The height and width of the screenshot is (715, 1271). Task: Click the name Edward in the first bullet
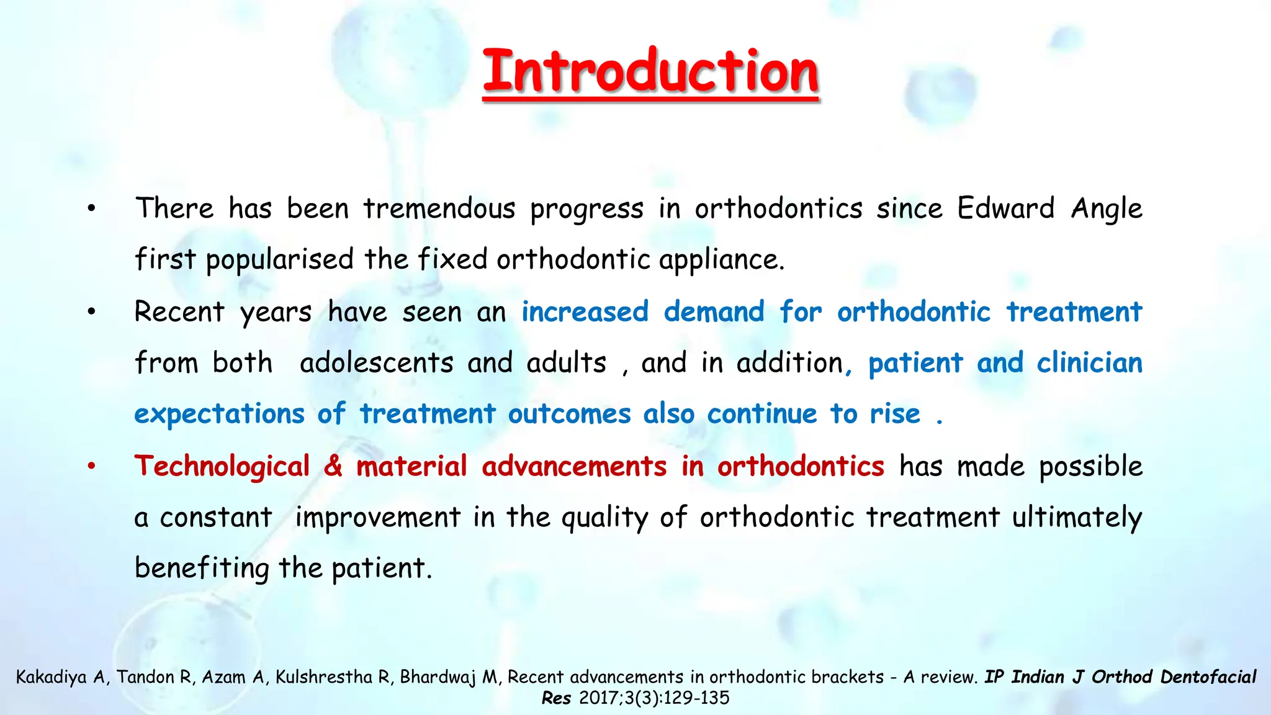[1005, 209]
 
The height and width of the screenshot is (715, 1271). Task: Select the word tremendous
[439, 209]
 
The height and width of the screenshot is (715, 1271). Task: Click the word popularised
[280, 259]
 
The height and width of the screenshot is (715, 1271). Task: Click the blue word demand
[714, 312]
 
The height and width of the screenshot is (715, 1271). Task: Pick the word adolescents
[376, 363]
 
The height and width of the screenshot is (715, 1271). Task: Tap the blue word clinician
[1089, 363]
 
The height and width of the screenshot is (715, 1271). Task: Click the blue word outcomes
[569, 414]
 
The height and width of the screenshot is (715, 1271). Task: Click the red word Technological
[222, 467]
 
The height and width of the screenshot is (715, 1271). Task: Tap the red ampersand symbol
[333, 466]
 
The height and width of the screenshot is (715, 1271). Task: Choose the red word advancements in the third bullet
[574, 466]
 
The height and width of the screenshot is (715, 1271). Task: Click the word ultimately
[1077, 518]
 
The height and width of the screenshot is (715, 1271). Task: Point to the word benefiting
[202, 569]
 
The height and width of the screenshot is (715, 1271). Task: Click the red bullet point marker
[91, 466]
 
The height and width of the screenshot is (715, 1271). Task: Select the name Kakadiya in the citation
[51, 677]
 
